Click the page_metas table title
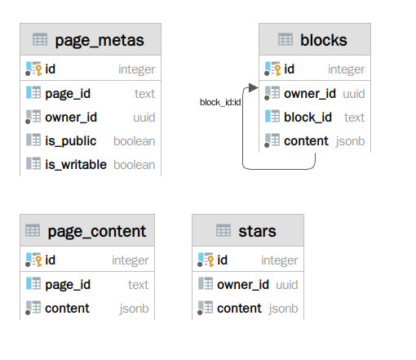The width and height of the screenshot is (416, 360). click(100, 41)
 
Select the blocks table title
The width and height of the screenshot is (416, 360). click(324, 40)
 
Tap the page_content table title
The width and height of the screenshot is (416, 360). click(97, 232)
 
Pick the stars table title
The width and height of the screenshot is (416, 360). click(257, 232)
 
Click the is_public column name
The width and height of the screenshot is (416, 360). click(71, 141)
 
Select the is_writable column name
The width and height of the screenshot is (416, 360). click(76, 165)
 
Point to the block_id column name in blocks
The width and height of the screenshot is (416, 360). click(308, 118)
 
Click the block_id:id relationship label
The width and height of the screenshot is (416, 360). click(220, 102)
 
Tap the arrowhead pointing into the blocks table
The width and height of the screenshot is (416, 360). click(253, 87)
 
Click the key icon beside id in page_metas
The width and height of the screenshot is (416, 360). click(38, 70)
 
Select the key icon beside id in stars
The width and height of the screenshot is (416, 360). click(210, 261)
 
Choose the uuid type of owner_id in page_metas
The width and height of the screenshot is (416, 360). click(144, 118)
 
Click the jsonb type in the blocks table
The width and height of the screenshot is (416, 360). click(350, 141)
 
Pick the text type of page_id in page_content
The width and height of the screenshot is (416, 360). click(139, 285)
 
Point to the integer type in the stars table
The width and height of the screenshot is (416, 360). click(280, 260)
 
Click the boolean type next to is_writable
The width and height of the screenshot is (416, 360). click(135, 165)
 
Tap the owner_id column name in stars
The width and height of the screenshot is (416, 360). click(243, 285)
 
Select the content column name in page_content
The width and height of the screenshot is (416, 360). click(67, 309)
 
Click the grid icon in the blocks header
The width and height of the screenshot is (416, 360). click(285, 39)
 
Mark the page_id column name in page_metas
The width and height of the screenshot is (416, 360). click(68, 94)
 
